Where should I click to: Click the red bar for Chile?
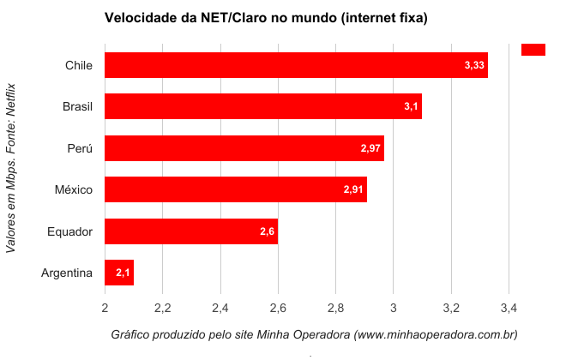pos(296,65)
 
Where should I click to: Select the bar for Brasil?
pos(262,106)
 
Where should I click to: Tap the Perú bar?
pos(244,148)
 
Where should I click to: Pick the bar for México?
pos(235,189)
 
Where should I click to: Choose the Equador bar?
pos(190,231)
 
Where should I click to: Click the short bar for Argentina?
pos(118,273)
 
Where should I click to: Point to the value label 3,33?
pos(474,65)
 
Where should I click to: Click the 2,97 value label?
pos(370,148)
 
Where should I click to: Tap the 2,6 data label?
pos(267,231)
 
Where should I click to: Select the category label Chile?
pos(78,65)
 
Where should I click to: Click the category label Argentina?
pos(66,273)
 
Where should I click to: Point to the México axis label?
pos(73,189)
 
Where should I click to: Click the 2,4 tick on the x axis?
pos(220,306)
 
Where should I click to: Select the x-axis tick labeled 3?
pos(393,306)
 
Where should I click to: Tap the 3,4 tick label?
pos(509,306)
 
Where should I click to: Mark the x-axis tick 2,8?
pos(335,306)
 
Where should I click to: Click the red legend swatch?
pos(533,50)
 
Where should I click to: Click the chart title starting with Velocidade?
pos(265,17)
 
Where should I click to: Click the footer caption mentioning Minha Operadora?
pos(314,333)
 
